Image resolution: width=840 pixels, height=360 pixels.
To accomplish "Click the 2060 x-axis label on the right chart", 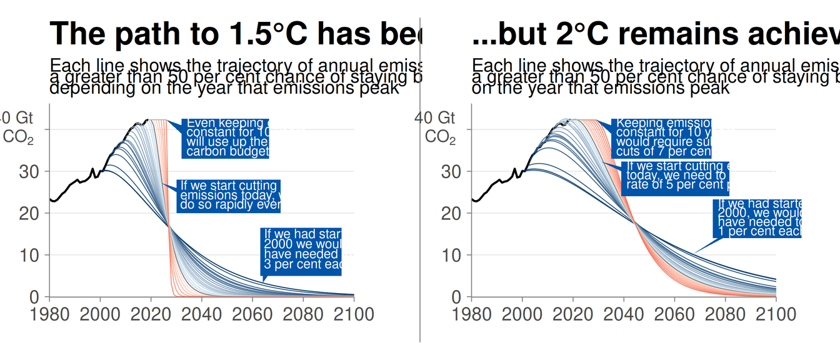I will point(674,313).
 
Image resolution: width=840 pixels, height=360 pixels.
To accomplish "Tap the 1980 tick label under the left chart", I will point(49,313).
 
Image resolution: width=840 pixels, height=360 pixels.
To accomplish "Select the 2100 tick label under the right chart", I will point(776,313).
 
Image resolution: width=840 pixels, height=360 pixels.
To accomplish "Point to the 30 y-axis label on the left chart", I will point(29,171).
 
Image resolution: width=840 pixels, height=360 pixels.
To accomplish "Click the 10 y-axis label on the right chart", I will point(451,255).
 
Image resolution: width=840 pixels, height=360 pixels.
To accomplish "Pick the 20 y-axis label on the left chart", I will point(29,213).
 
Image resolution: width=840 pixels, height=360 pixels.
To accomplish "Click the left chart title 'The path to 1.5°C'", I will point(235,33).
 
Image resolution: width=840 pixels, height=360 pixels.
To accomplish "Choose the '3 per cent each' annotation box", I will point(302,251).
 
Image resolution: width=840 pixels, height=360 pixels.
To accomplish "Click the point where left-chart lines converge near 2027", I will point(168,226).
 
